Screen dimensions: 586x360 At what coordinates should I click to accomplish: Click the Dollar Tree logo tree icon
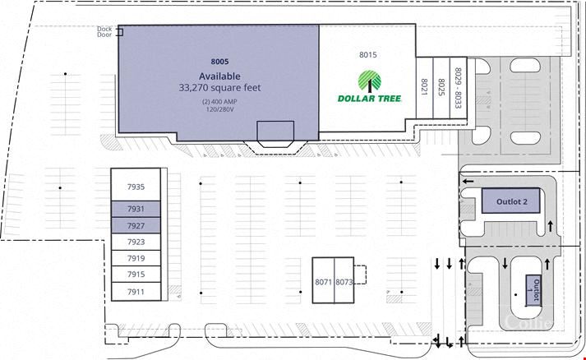370,81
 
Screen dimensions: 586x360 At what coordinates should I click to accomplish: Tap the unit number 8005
219,62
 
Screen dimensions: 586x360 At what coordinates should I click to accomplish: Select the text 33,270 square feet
219,88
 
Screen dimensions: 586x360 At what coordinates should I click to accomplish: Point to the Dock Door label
104,32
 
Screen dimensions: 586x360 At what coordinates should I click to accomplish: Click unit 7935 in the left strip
136,185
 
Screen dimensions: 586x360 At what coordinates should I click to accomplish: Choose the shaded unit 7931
136,209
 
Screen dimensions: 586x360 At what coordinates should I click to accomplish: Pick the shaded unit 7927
136,225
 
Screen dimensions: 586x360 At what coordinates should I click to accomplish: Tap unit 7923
136,242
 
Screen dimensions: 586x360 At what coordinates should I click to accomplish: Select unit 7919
136,258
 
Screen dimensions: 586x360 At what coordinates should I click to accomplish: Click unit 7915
136,274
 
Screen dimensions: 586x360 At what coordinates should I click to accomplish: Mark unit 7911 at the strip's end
136,292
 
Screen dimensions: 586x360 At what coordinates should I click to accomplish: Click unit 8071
323,280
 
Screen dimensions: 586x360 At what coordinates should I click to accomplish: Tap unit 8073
344,280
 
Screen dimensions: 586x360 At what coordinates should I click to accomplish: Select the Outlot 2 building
511,201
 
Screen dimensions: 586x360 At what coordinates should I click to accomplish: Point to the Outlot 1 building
533,290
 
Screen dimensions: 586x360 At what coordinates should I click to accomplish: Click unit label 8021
425,87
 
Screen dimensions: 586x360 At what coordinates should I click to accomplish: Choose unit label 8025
441,87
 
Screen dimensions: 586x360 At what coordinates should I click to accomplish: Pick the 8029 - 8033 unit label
458,88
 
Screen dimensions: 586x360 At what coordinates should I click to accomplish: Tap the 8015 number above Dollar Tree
368,55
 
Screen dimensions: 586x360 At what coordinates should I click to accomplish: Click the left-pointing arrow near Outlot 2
468,182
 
